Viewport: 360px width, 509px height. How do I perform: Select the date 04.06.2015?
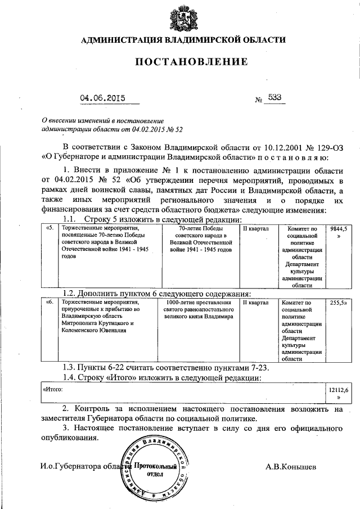(x=102, y=98)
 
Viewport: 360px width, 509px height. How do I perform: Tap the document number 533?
(x=275, y=97)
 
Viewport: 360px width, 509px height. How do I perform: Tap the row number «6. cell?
(x=50, y=303)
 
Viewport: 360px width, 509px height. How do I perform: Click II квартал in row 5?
(x=256, y=229)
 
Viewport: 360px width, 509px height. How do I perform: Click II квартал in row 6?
(x=256, y=303)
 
